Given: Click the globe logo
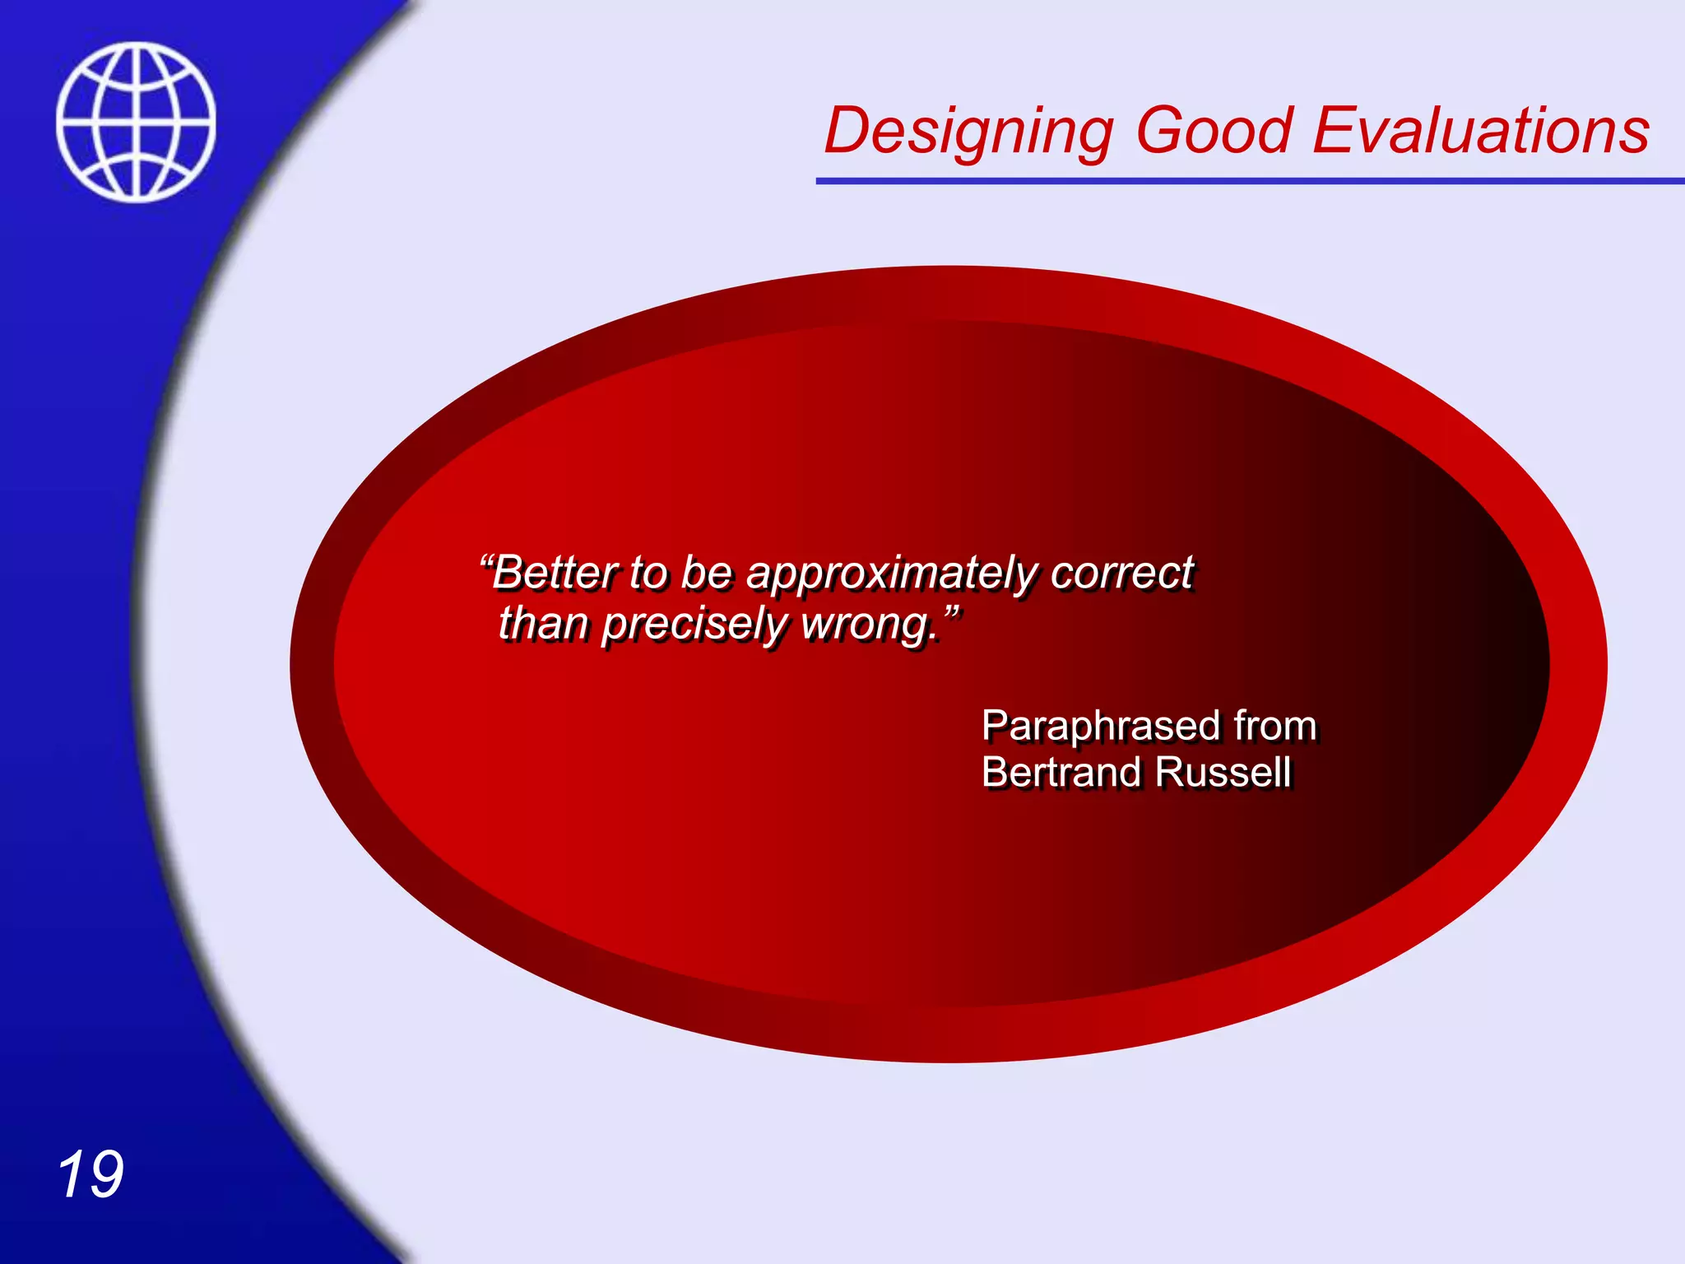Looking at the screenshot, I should click(x=137, y=122).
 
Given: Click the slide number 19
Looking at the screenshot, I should click(x=91, y=1174).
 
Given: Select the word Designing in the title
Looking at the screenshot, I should click(x=968, y=132).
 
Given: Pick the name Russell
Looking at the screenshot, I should click(x=1223, y=772).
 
